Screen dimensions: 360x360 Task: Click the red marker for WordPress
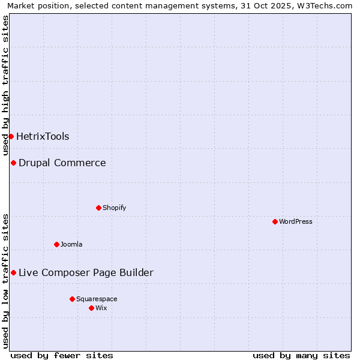pos(275,221)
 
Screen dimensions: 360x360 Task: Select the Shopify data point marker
pos(98,208)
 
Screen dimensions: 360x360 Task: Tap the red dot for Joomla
pos(56,244)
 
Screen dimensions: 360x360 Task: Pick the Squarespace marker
pos(72,299)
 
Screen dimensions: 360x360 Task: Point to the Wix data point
pos(91,308)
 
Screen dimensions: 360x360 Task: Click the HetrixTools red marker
pos(11,136)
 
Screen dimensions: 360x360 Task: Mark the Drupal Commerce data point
pos(13,163)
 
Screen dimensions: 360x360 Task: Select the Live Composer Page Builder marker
pos(13,272)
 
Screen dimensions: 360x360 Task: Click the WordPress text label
pos(296,221)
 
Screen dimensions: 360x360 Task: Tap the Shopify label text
pos(114,208)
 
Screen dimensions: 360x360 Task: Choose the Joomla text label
pos(71,244)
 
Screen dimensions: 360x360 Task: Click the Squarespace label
pos(97,299)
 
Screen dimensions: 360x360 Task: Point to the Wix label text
pos(101,308)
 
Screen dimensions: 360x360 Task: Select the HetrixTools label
pos(43,136)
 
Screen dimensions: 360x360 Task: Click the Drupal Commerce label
pos(62,163)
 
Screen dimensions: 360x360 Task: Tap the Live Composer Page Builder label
pos(86,272)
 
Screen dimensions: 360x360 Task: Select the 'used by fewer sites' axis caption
pos(62,355)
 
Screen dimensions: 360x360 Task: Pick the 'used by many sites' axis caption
pos(301,355)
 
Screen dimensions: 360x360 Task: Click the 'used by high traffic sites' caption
pos(5,85)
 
